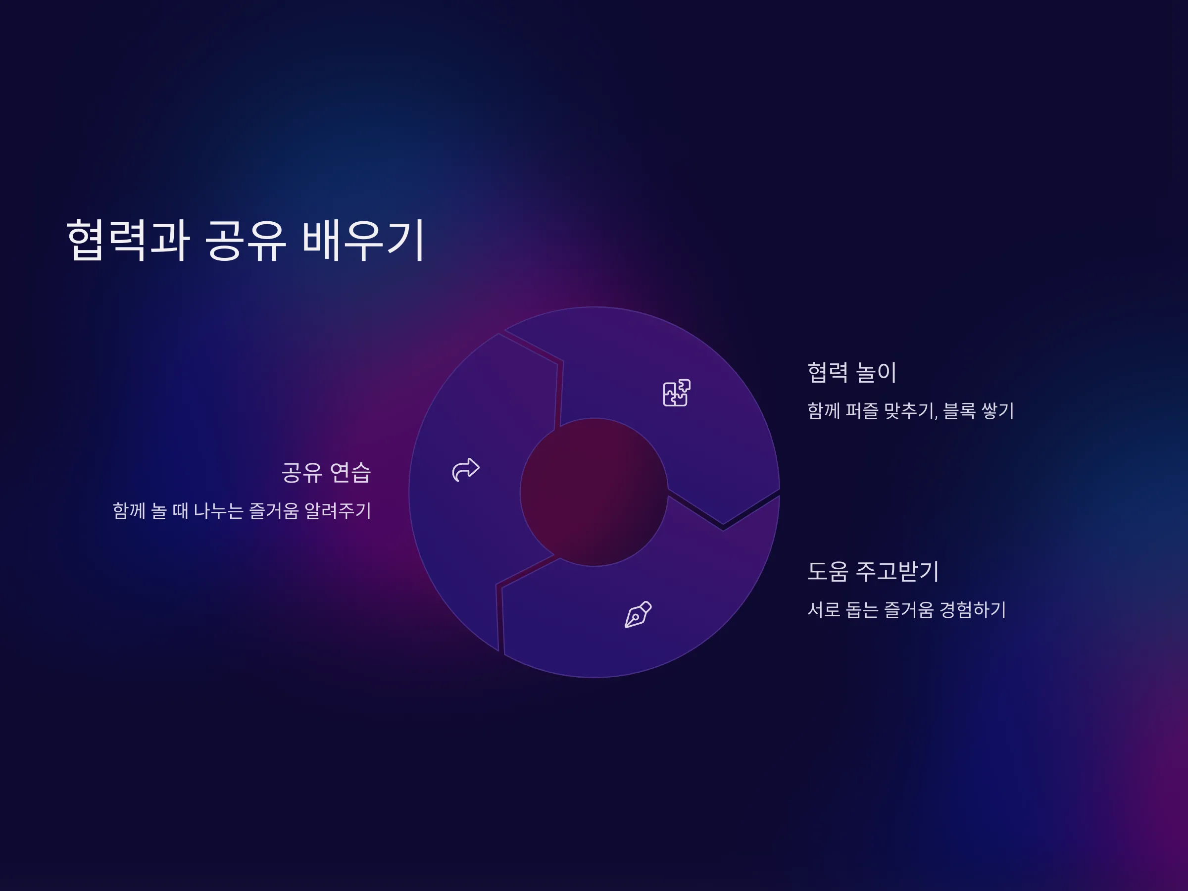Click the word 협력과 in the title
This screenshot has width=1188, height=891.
tap(128, 240)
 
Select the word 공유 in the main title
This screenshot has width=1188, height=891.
tap(246, 240)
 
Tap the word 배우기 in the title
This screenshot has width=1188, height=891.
tap(364, 240)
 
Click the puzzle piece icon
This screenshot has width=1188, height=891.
tap(677, 393)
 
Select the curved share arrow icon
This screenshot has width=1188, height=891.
tap(466, 470)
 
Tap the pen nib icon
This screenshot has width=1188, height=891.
tap(638, 614)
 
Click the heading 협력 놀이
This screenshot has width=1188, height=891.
tap(852, 372)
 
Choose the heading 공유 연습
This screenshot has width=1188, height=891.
tap(327, 472)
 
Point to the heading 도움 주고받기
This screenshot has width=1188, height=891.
tap(873, 571)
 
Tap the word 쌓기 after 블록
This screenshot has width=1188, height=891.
tap(997, 411)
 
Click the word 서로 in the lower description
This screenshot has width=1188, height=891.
tap(824, 609)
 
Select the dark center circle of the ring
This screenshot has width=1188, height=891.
tap(594, 492)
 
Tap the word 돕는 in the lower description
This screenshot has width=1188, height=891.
tap(862, 609)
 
